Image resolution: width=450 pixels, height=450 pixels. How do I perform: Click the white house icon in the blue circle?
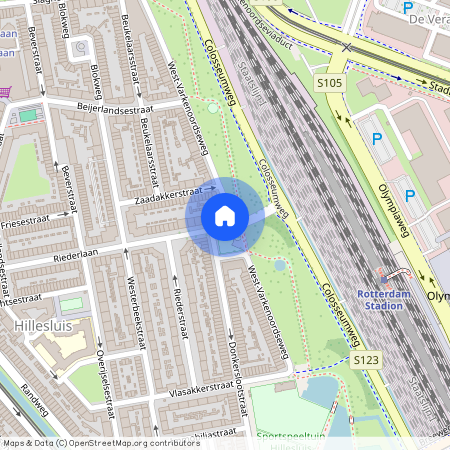coord(225,215)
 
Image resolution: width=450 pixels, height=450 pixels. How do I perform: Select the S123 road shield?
coord(367,359)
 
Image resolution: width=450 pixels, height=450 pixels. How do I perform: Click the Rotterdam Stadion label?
coord(385,300)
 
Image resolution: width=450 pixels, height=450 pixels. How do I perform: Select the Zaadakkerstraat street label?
coord(173,193)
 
